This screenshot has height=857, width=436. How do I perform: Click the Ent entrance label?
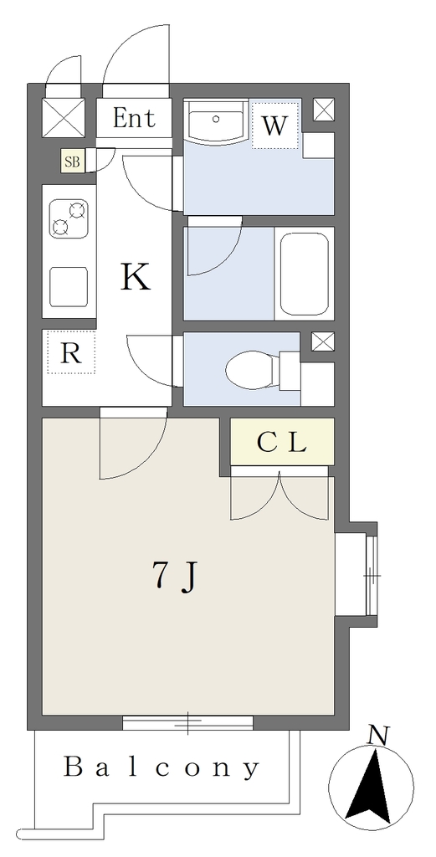[134, 118]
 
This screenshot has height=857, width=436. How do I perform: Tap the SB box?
[73, 162]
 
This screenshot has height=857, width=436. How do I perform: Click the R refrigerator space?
[71, 352]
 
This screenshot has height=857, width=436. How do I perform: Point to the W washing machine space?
[274, 126]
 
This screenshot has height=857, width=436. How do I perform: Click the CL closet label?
[281, 444]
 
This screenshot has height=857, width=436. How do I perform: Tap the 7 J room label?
[173, 577]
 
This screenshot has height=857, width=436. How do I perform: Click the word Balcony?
[162, 768]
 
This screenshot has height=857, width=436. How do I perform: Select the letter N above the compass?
[377, 736]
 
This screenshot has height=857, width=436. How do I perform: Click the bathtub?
[305, 274]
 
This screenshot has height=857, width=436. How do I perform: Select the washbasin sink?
[217, 121]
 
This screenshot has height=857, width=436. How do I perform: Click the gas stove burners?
[69, 218]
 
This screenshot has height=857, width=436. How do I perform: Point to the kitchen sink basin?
[69, 287]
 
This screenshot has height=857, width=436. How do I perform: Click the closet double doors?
[280, 495]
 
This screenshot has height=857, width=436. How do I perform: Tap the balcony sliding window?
[188, 722]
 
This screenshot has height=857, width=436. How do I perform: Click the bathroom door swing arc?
[214, 246]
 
